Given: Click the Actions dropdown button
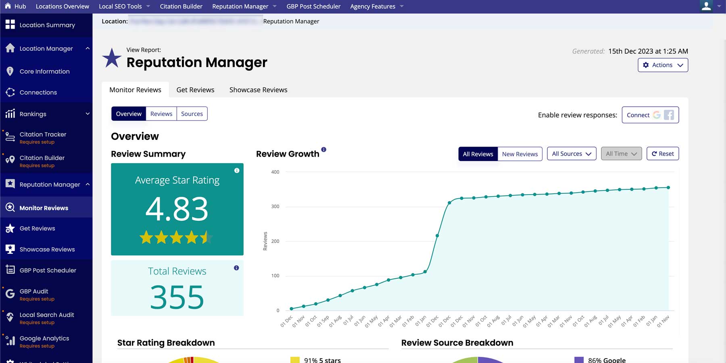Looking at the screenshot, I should click(x=663, y=65).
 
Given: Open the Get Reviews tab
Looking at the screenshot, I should click(x=195, y=90).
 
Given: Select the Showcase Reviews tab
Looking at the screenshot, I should click(x=258, y=90).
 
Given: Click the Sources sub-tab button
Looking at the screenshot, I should click(x=192, y=114).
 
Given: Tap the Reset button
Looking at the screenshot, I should click(x=662, y=154).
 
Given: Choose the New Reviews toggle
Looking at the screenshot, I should click(x=519, y=154).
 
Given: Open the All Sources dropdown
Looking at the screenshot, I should click(x=571, y=154).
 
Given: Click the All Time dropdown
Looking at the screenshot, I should click(x=621, y=154).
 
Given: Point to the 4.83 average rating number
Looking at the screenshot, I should click(x=177, y=209).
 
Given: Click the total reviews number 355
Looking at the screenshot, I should click(x=177, y=297).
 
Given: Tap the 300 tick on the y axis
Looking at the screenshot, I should click(x=275, y=207).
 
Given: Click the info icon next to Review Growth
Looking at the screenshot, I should click(x=323, y=149).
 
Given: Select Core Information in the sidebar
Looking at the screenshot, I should click(x=44, y=72).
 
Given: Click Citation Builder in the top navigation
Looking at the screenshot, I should click(x=181, y=6).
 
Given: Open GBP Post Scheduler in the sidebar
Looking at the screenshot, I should click(x=48, y=270).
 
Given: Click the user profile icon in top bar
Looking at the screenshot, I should click(x=706, y=6).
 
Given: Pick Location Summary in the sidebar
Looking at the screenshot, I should click(x=47, y=25).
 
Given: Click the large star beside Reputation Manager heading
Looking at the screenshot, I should click(x=112, y=58).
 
